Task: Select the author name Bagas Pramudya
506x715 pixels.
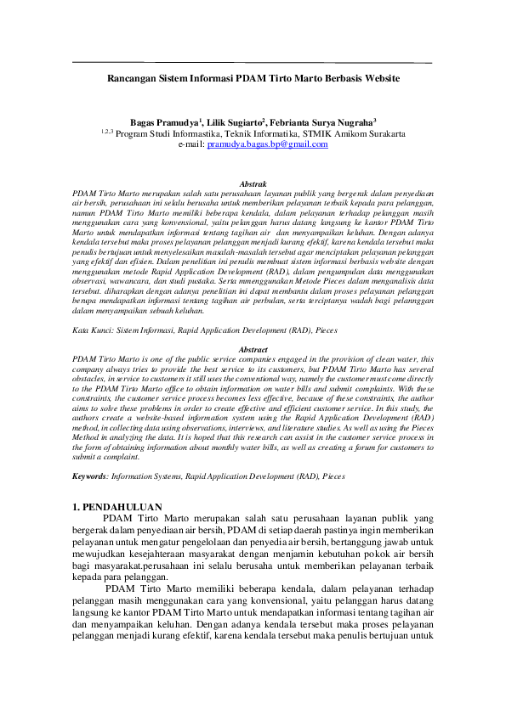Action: [163, 122]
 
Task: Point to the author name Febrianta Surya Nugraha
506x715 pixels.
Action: [324, 122]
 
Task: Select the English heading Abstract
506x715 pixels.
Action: [253, 349]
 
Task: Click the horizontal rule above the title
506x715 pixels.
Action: [253, 64]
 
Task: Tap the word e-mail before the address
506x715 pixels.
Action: [191, 144]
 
